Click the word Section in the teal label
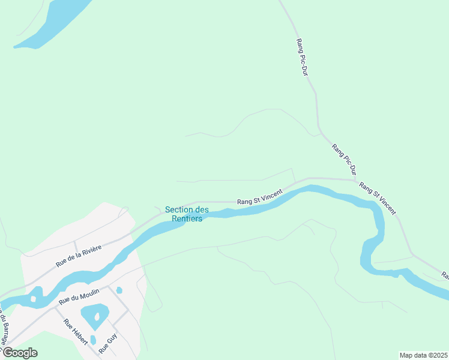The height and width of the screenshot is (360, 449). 178,209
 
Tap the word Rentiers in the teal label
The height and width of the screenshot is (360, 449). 187,218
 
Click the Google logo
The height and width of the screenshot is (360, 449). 20,352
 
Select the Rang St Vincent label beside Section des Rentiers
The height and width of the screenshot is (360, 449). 259,199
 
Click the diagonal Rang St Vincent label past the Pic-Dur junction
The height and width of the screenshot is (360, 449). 377,199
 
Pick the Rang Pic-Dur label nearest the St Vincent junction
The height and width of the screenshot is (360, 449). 343,159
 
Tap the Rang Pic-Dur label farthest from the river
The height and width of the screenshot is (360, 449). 302,58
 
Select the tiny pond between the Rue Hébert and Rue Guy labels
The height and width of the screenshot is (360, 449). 92,340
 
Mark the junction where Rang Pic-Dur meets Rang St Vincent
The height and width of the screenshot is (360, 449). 355,179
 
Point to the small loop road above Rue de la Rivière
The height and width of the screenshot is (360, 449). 124,211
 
